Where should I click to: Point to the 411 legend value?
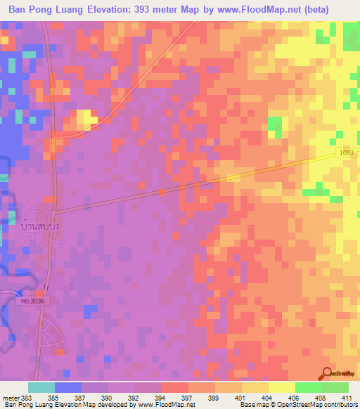[347, 397]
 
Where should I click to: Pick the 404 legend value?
[268, 397]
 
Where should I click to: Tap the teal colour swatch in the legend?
[41, 387]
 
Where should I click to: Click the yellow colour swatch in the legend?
[281, 387]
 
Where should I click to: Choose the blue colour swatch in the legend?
[68, 387]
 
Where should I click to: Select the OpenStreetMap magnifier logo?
[327, 373]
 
